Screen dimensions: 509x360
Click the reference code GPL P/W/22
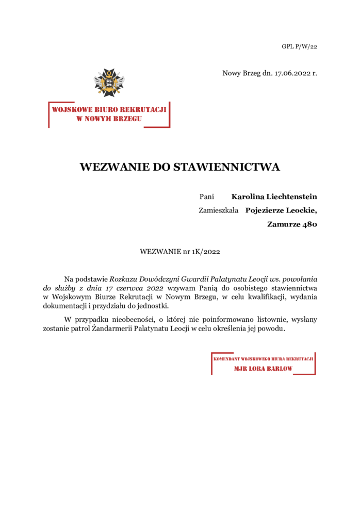click(x=299, y=46)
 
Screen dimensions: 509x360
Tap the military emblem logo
click(x=109, y=83)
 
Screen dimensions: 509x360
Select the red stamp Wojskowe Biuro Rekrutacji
click(x=109, y=114)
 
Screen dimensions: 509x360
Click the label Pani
click(x=206, y=196)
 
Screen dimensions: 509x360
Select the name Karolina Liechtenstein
click(x=274, y=196)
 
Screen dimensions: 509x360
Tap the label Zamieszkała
click(x=218, y=210)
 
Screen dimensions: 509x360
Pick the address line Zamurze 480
click(x=292, y=224)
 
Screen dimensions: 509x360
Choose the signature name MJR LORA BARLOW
click(x=263, y=369)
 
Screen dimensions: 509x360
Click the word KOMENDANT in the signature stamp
click(x=228, y=358)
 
